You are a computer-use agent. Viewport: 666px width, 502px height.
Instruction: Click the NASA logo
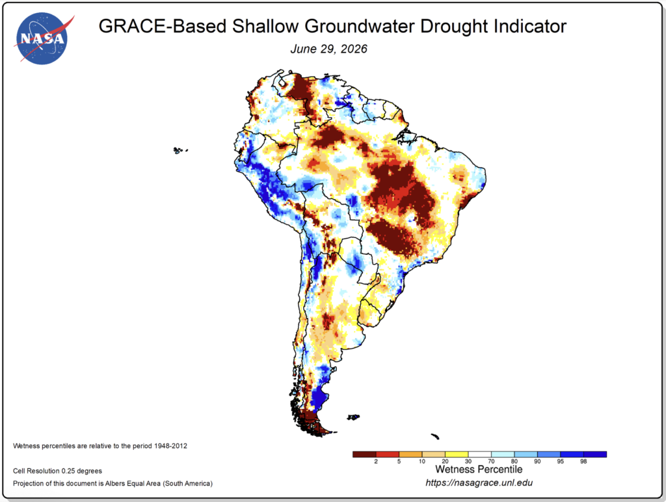pos(42,38)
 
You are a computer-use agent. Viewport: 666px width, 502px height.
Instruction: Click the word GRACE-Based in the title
pos(163,26)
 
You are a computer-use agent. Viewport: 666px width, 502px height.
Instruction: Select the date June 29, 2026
pos(328,49)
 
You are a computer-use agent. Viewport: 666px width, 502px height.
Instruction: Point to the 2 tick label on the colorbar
pos(376,461)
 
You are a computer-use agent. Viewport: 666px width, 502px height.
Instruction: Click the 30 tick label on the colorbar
pos(468,461)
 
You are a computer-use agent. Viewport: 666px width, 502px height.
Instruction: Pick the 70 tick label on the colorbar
pos(492,461)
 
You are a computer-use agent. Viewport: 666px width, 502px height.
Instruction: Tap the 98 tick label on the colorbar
pos(583,461)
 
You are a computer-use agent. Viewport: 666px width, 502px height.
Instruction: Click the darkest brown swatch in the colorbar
pos(364,455)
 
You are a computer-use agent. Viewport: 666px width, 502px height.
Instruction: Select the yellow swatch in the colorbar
pos(457,455)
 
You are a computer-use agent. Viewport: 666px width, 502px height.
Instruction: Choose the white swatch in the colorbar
pos(479,455)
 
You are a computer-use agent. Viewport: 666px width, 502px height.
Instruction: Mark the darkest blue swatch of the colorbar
pos(595,455)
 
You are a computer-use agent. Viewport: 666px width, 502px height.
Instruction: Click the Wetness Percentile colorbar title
pos(479,469)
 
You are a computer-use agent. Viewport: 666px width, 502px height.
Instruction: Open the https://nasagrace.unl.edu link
pos(479,482)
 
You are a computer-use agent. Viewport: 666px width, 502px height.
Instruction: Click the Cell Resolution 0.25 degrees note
pos(57,471)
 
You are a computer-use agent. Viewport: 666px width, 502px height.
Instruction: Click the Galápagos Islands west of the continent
pos(180,150)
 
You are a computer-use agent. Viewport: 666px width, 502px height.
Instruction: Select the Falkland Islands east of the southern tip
pos(353,417)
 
